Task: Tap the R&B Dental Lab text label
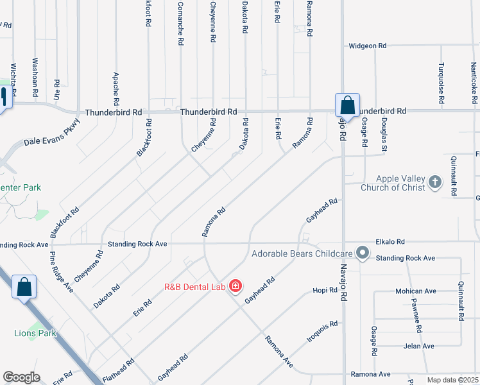pos(195,287)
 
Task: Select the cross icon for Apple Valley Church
pos(434,182)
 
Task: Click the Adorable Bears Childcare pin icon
pos(363,253)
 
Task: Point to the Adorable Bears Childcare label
pos(303,253)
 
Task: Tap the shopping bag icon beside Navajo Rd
pos(347,105)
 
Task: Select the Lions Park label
pos(35,333)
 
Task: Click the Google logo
pos(21,377)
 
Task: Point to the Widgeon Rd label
pos(368,46)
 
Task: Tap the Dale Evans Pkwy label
pos(53,133)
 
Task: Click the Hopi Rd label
pos(325,291)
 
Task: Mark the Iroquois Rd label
pos(322,331)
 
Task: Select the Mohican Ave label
pos(416,291)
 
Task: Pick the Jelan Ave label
pos(420,346)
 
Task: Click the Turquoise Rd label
pos(441,84)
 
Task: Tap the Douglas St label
pos(384,139)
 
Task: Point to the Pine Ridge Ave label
pos(62,271)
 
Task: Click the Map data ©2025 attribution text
pos(452,380)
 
